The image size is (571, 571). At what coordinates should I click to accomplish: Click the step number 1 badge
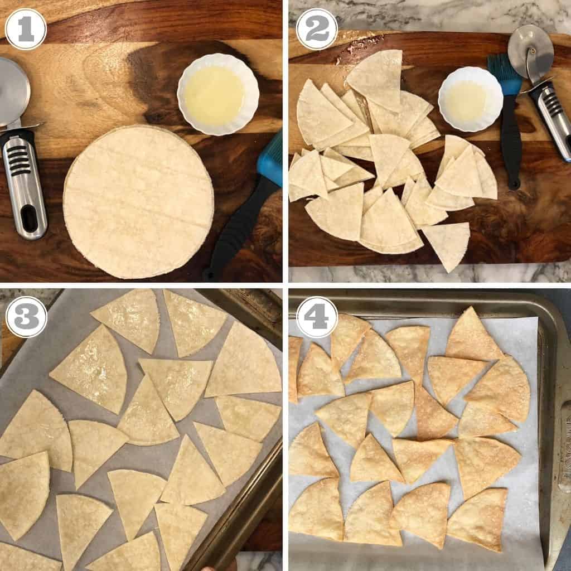pos(26,29)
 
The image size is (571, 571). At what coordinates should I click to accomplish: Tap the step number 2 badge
pos(317,29)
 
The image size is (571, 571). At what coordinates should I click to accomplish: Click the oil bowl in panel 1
pos(218,94)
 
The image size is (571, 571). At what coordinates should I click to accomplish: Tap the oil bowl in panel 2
pos(471,99)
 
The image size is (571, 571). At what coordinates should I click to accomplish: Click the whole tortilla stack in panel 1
pos(138,202)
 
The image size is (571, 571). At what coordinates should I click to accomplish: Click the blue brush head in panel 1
pos(270,160)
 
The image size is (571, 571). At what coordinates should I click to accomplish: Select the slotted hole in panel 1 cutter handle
pos(29,218)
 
